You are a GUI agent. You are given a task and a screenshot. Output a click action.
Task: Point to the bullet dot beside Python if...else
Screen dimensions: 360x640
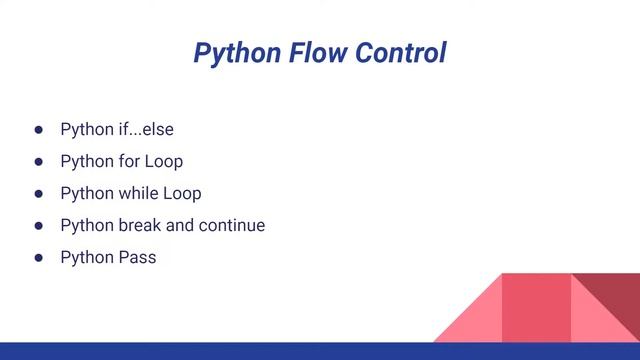pos(39,130)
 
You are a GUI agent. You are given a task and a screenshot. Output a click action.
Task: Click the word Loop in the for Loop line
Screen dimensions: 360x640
pos(165,161)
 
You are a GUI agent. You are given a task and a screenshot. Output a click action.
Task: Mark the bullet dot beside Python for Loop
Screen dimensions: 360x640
pos(39,162)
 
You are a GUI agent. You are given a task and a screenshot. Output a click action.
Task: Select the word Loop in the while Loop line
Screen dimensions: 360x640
pos(183,193)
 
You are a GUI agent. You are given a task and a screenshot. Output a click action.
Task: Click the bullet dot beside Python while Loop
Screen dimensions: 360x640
pos(39,194)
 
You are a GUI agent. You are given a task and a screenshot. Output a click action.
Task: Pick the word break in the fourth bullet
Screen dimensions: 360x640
pos(140,225)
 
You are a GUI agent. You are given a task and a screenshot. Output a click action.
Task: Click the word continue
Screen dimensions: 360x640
pos(232,225)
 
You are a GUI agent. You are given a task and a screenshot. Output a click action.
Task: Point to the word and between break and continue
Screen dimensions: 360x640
pos(180,225)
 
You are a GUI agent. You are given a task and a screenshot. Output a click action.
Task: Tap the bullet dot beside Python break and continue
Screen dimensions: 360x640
pos(39,226)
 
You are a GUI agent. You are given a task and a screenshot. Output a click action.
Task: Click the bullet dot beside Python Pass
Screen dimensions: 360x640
pos(39,258)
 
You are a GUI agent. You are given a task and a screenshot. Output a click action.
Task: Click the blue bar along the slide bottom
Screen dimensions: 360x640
pos(320,351)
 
